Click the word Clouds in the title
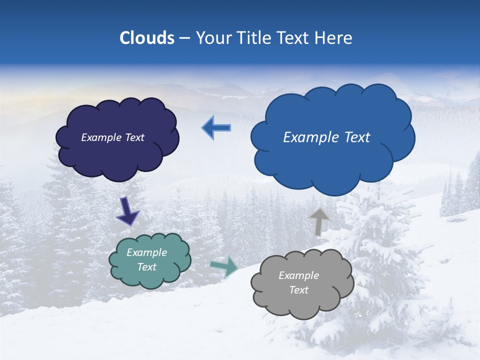coord(147,38)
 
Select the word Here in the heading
coord(336,38)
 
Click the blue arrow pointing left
coord(216,128)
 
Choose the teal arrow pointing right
coord(224,266)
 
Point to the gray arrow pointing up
coord(318,221)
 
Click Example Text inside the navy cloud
coord(112,137)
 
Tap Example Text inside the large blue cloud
coord(326,137)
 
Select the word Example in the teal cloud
coord(147,252)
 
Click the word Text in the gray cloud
coord(298,290)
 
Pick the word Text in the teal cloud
coord(147,267)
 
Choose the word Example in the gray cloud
coord(298,275)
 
